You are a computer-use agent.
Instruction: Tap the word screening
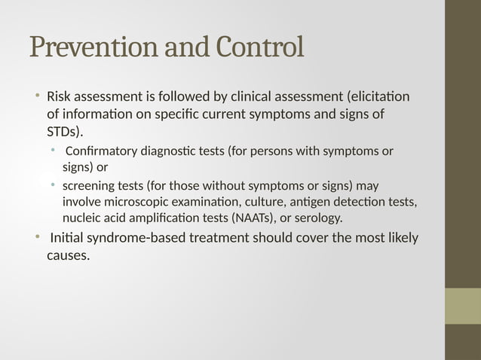[x=89, y=185]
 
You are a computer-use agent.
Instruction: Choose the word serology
[x=318, y=218]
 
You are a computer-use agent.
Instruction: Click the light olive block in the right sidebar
[x=462, y=306]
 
